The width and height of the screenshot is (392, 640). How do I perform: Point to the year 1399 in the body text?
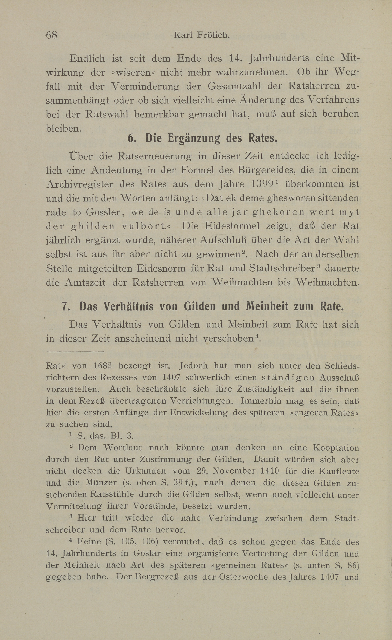click(x=263, y=184)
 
